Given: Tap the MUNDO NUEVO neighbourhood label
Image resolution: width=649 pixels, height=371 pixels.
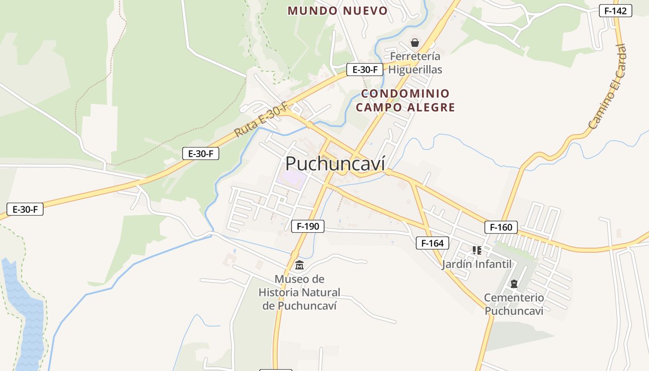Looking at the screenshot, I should pyautogui.click(x=337, y=11).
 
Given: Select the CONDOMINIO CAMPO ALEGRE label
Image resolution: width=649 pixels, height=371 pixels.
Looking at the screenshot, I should pyautogui.click(x=405, y=100).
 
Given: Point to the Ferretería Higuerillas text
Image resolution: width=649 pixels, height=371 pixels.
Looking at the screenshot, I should pyautogui.click(x=415, y=63).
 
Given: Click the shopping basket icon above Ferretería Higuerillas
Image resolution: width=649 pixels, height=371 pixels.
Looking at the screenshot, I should pyautogui.click(x=415, y=43).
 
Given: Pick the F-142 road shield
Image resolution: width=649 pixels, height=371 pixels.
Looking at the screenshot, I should pyautogui.click(x=615, y=11).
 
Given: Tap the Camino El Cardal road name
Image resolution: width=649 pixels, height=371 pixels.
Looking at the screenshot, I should pyautogui.click(x=608, y=87).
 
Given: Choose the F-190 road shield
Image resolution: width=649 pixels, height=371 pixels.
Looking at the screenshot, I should pyautogui.click(x=308, y=226).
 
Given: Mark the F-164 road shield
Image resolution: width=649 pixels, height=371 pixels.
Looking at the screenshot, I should pyautogui.click(x=432, y=243).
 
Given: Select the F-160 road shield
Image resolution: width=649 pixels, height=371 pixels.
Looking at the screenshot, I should pyautogui.click(x=501, y=227).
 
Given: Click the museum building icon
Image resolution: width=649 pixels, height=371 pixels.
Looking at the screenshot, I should pyautogui.click(x=299, y=266).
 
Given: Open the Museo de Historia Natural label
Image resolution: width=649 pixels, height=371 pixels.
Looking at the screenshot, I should pyautogui.click(x=299, y=292).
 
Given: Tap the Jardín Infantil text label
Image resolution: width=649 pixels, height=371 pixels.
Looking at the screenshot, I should pyautogui.click(x=477, y=264).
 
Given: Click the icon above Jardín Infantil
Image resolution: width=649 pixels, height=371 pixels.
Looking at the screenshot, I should pyautogui.click(x=477, y=250).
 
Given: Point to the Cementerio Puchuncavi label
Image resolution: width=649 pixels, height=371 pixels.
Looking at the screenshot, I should pyautogui.click(x=514, y=304).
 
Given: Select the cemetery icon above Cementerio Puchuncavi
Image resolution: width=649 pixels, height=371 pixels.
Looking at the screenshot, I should pyautogui.click(x=514, y=283).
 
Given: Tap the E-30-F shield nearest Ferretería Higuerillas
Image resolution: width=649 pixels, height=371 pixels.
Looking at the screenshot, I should pyautogui.click(x=365, y=70).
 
